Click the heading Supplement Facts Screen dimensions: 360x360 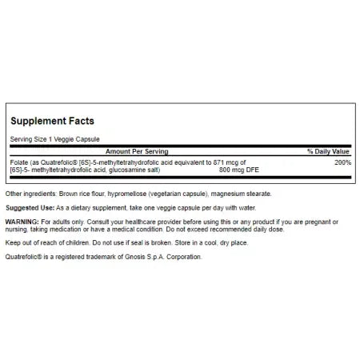(x=52, y=121)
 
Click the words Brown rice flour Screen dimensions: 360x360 (x=81, y=194)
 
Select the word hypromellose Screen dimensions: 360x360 (x=130, y=194)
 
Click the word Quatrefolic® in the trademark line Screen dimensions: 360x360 (x=25, y=257)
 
